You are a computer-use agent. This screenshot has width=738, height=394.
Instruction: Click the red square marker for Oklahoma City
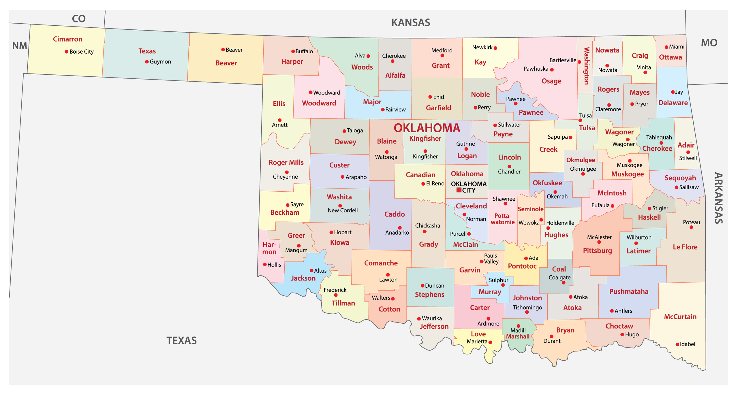point(459,190)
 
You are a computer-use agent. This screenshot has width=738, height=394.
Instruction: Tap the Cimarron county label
point(67,39)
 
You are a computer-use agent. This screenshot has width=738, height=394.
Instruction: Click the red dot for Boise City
point(66,52)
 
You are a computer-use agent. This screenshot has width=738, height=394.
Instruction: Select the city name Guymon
point(160,62)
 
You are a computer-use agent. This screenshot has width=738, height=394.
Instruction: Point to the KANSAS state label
point(410,22)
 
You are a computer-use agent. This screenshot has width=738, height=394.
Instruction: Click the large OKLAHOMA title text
point(427,128)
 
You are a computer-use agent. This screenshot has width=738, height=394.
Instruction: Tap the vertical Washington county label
point(586,66)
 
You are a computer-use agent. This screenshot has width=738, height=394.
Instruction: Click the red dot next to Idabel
point(677,344)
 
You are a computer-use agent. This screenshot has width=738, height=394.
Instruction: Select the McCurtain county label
point(680,317)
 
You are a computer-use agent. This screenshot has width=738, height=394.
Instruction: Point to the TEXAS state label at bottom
point(181,341)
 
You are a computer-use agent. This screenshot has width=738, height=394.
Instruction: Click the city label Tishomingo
point(527,307)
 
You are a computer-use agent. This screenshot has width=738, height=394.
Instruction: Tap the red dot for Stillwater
point(495,125)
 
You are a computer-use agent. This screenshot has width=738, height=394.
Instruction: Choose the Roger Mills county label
point(286,163)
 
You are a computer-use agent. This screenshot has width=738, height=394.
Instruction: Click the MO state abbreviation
point(709,43)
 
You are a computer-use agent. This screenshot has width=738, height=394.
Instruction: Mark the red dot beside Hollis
point(265,265)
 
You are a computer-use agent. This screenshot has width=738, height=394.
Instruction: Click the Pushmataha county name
point(628,292)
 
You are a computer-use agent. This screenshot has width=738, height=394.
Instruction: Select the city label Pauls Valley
point(491,259)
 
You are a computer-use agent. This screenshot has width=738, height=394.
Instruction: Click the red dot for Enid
point(430,97)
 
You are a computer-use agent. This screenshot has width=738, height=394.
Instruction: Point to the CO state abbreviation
point(78,19)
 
